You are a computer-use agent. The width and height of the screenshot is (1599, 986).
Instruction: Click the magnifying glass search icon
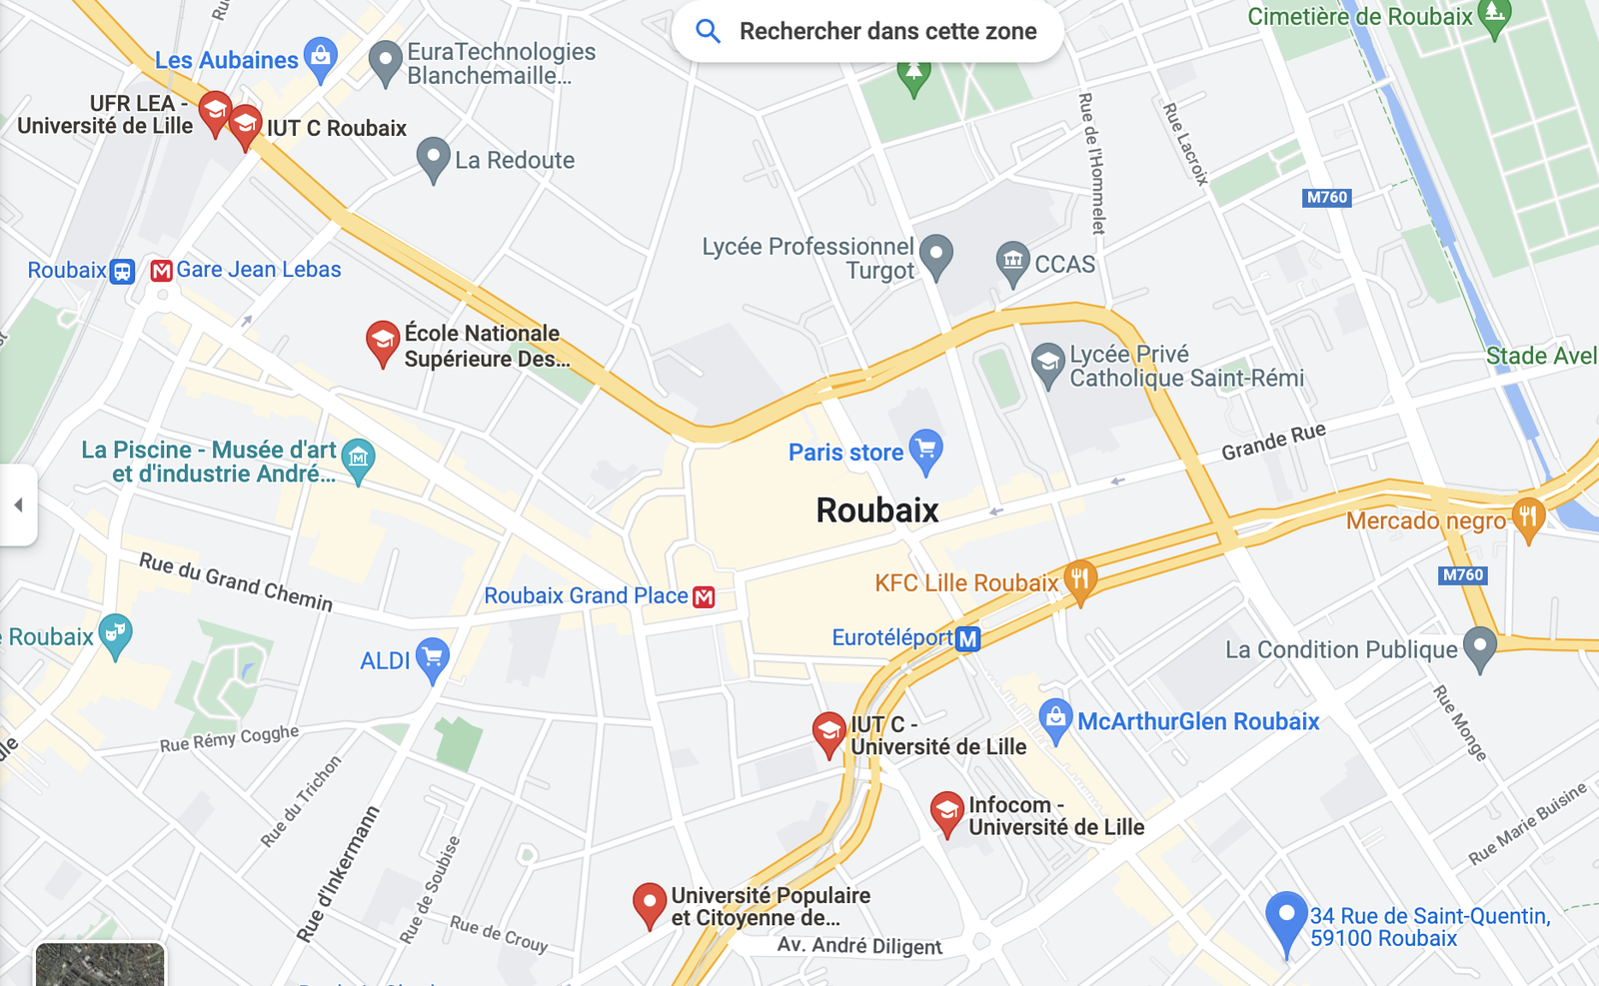coord(708,31)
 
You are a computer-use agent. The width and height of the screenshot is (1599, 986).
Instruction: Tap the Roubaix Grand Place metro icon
coord(705,597)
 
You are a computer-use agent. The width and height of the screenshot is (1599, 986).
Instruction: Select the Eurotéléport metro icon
coord(967,638)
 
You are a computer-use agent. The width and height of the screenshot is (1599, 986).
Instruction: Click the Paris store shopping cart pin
coord(926,450)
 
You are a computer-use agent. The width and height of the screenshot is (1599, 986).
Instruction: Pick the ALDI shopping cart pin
coord(433,658)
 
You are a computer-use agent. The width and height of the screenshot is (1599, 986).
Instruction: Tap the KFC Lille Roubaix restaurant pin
coord(1079,579)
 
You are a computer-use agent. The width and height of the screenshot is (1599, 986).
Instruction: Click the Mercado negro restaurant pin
coord(1528,517)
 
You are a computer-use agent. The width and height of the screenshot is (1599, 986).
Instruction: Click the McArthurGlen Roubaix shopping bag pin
coord(1055,719)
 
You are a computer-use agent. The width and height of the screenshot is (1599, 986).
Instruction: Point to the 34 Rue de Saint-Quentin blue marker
coord(1286,917)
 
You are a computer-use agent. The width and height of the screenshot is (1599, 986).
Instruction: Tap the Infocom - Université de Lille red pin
coord(946,812)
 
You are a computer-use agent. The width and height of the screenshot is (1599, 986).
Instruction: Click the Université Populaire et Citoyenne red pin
coord(650,903)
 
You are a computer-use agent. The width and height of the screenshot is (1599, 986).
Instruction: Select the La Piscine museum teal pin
coord(358,459)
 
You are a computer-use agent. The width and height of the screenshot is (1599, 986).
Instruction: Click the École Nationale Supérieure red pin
coord(382,342)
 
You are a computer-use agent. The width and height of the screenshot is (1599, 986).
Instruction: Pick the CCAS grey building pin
coord(1012,262)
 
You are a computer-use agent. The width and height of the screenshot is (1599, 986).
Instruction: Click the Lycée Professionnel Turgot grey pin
coord(935,255)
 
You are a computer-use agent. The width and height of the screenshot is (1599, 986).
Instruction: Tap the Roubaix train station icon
coord(122,271)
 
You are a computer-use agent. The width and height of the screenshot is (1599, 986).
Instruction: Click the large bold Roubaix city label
coord(877,510)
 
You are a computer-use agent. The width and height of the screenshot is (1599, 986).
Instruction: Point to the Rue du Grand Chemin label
coord(236,581)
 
